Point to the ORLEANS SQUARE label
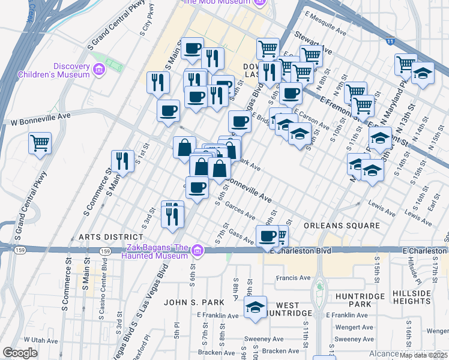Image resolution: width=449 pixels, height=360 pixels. tap(342, 226)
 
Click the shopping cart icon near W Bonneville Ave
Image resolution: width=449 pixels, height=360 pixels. tap(40, 143)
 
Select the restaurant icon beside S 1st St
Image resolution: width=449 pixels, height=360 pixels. tap(122, 160)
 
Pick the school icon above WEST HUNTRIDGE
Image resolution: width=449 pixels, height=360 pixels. tap(255, 307)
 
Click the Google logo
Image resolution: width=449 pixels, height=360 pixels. tap(20, 353)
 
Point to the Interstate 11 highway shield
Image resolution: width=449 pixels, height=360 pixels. tap(391, 41)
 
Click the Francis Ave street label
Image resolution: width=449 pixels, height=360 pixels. tap(293, 278)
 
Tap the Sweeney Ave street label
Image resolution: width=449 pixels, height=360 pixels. tap(262, 339)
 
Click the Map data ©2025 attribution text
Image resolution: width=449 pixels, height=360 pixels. tap(423, 355)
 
